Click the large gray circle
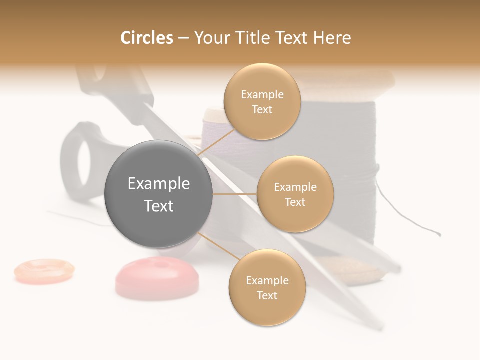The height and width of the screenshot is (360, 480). coord(158,194)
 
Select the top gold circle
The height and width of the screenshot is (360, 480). coord(262,101)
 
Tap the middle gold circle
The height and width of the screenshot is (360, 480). coord(295,194)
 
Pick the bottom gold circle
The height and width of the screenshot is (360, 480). coord(267,287)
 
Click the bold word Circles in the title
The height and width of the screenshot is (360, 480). coord(147,38)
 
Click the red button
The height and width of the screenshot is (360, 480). coord(157,278)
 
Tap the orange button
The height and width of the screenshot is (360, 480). coord(44,270)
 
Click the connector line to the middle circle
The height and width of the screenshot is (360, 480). coord(235,194)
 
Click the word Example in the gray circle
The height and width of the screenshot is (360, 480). coord(158,183)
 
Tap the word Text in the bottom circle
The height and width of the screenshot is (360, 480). coord(267,295)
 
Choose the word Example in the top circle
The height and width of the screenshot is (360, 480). coord(262,94)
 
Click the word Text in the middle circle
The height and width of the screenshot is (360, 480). coord(295,202)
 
